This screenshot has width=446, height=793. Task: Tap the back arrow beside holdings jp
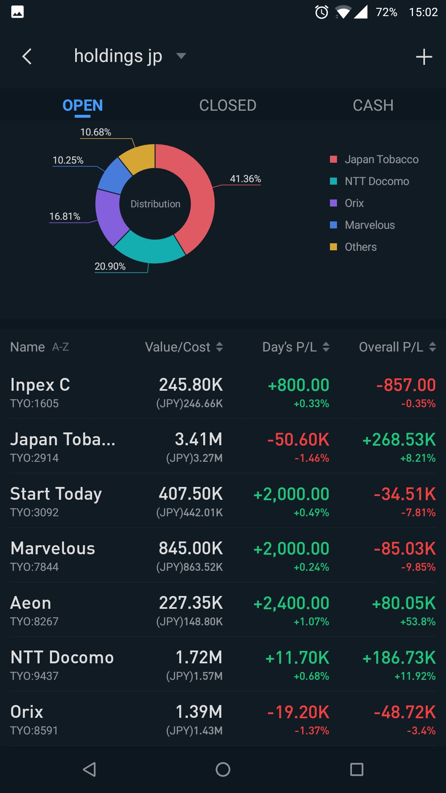(x=27, y=57)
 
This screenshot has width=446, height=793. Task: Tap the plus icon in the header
(x=424, y=57)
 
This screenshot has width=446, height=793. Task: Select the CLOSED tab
(x=228, y=106)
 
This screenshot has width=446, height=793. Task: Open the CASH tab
(x=373, y=106)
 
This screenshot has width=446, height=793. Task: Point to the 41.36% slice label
(x=245, y=179)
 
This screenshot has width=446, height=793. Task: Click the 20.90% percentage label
(x=110, y=266)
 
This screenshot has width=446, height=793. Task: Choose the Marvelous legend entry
(x=370, y=225)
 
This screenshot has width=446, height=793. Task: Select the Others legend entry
(x=361, y=247)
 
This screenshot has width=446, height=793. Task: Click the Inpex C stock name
(x=40, y=385)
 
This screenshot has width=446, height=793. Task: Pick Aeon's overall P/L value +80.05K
(x=403, y=603)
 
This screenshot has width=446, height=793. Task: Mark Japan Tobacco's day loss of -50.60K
(x=298, y=439)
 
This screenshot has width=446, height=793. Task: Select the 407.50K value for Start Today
(x=191, y=494)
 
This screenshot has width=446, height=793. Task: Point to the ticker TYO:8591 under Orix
(x=34, y=731)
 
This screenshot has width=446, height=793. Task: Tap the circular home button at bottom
(x=223, y=769)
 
